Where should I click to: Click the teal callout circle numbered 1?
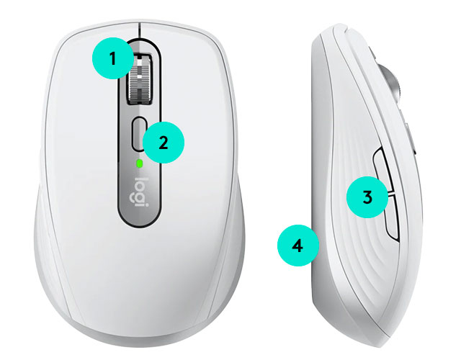tap(113, 58)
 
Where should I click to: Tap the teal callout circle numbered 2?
tap(164, 143)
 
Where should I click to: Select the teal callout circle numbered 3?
tap(367, 197)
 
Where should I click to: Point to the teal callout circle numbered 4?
tap(298, 246)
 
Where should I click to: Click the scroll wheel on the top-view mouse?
tap(140, 78)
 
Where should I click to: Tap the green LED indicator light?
tap(140, 163)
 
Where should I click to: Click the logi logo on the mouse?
tap(139, 192)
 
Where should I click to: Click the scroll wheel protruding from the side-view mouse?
tap(391, 83)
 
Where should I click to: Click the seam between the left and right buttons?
tap(140, 30)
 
